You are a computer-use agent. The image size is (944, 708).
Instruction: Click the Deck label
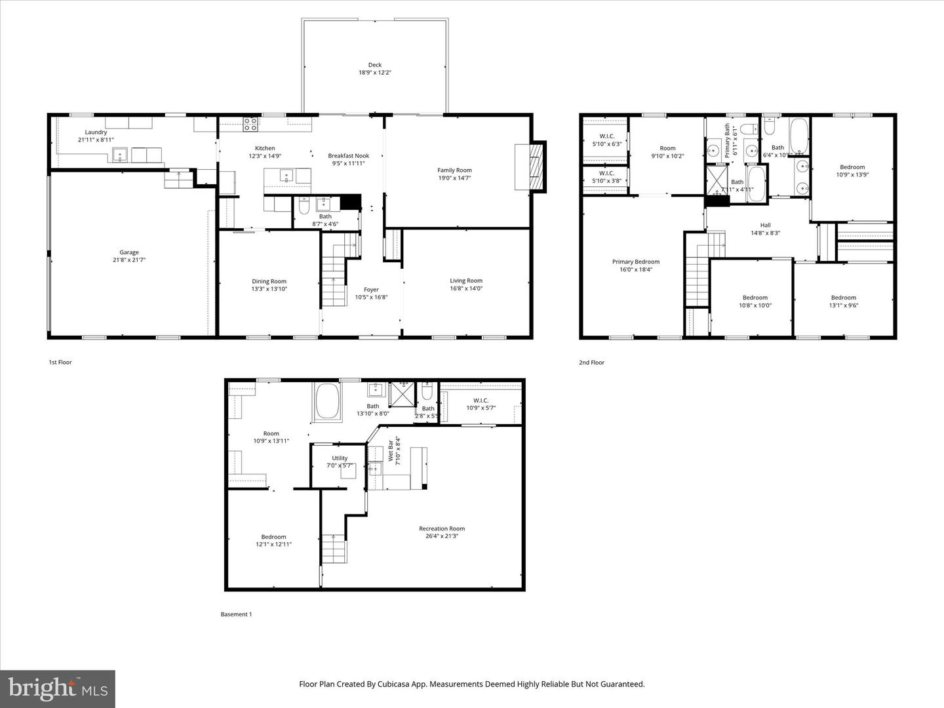[374, 65]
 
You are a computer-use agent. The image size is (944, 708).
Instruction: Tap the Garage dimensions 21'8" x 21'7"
[129, 260]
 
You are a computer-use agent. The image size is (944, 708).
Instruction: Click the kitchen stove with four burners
[250, 125]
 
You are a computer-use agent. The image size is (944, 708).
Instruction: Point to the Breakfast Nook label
[348, 156]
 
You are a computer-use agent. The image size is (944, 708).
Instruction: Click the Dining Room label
[269, 281]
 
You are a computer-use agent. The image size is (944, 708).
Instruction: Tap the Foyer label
[371, 289]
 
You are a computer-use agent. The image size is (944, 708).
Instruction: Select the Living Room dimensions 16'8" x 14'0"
[465, 288]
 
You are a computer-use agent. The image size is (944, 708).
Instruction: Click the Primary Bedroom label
[636, 262]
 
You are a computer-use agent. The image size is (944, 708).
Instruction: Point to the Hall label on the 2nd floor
[765, 225]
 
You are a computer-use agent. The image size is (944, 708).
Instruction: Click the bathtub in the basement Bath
[327, 401]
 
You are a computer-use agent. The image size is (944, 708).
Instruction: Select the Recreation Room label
[442, 528]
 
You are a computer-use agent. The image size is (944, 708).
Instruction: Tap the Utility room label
[340, 458]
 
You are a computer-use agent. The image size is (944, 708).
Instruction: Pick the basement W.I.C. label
[481, 401]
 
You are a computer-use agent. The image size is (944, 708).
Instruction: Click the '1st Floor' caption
[60, 362]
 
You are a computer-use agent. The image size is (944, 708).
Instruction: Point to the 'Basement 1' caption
[235, 614]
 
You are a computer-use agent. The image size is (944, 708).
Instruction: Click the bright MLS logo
[58, 688]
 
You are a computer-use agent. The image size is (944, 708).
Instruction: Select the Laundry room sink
[119, 155]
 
